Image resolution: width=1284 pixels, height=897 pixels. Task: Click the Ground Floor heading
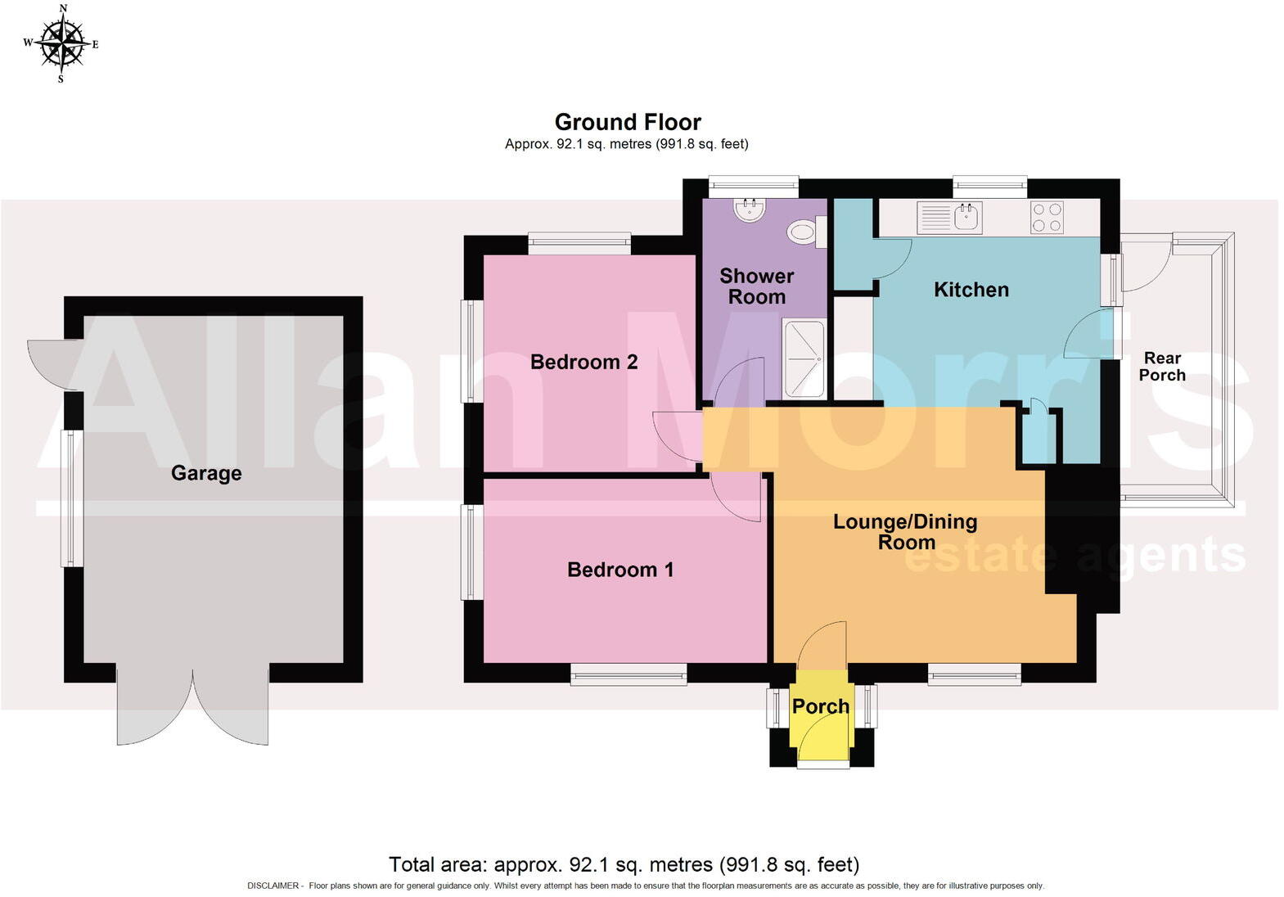[x=628, y=122]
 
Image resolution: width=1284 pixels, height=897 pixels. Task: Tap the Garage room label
[x=206, y=473]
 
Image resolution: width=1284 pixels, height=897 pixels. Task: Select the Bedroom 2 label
[x=583, y=362]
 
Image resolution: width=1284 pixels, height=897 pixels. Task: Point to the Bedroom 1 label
[x=620, y=570]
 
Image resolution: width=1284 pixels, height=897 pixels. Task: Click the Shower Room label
[x=756, y=286]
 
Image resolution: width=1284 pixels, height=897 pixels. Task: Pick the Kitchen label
[x=971, y=290]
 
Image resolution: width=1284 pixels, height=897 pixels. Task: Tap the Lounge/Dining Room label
[x=905, y=532]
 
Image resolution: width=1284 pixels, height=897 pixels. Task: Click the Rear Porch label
[x=1162, y=367]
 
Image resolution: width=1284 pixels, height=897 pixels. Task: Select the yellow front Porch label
[x=820, y=706]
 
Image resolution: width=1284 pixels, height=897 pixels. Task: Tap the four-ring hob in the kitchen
[x=1047, y=218]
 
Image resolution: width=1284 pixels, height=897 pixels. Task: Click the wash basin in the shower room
[x=750, y=211]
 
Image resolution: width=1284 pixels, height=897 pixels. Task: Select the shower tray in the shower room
[x=804, y=358]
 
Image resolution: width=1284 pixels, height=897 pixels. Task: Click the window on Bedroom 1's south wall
[x=628, y=673]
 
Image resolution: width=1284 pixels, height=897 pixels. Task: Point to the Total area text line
[x=624, y=864]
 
